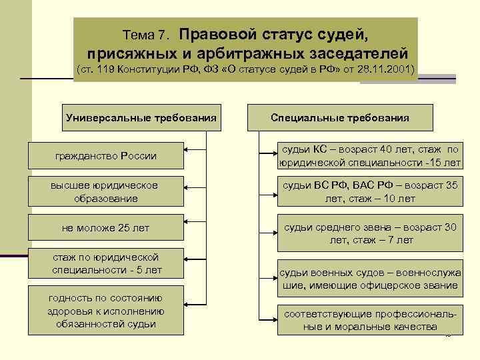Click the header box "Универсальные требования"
tap(141, 118)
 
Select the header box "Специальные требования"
tap(340, 118)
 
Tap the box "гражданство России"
tap(105, 156)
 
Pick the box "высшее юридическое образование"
tap(105, 191)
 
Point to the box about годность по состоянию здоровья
tap(106, 311)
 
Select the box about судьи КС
tap(370, 156)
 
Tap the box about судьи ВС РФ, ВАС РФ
tap(370, 191)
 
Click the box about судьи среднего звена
tap(370, 233)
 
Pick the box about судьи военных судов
tap(370, 279)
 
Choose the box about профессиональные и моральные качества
tap(370, 319)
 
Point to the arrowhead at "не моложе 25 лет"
tap(187, 224)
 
